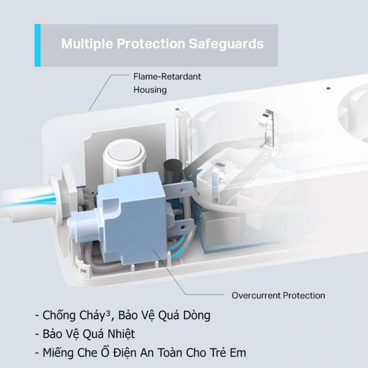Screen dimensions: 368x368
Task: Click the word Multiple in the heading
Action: coord(87,44)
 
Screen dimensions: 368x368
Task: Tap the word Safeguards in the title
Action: coord(226,44)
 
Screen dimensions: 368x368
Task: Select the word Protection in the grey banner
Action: coord(151,44)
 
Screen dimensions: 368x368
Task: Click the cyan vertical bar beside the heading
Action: coord(37,45)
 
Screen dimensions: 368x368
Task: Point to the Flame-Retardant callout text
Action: coord(167,77)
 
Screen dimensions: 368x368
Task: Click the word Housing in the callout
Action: coord(150,90)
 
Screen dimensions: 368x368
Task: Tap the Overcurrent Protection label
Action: coord(278,296)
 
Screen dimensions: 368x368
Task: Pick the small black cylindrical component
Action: coord(173,170)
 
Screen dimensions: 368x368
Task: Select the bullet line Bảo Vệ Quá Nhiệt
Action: coord(85,334)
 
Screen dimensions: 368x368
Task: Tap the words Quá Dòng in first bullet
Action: coord(184,315)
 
